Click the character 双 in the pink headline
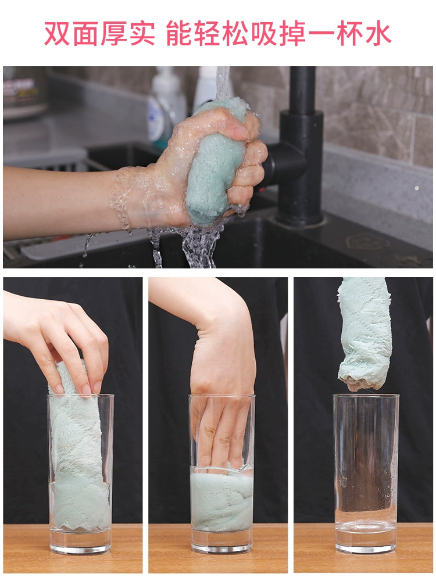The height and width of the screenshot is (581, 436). point(57,34)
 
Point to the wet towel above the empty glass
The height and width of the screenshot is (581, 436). point(365,333)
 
